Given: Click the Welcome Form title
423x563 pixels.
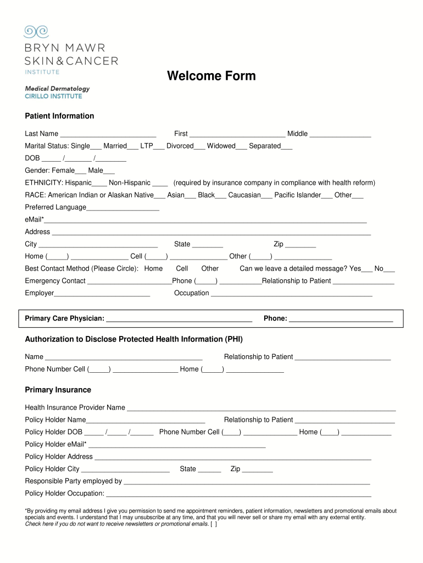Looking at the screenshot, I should pyautogui.click(x=211, y=76).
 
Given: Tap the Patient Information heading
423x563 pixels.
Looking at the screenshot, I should pyautogui.click(x=59, y=116).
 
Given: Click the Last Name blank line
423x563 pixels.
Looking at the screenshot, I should pyautogui.click(x=108, y=134).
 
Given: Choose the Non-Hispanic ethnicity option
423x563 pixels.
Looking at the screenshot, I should pyautogui.click(x=160, y=183).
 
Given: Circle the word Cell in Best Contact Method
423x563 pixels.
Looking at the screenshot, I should pyautogui.click(x=182, y=268).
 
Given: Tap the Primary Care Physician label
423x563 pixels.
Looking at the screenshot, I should pyautogui.click(x=64, y=318).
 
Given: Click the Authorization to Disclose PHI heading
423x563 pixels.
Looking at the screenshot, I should pyautogui.click(x=133, y=339).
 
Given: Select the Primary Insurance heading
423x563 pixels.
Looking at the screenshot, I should pyautogui.click(x=58, y=390).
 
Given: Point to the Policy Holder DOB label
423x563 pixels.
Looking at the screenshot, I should pyautogui.click(x=53, y=432).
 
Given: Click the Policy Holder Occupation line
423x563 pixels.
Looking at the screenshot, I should pyautogui.click(x=238, y=494).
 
